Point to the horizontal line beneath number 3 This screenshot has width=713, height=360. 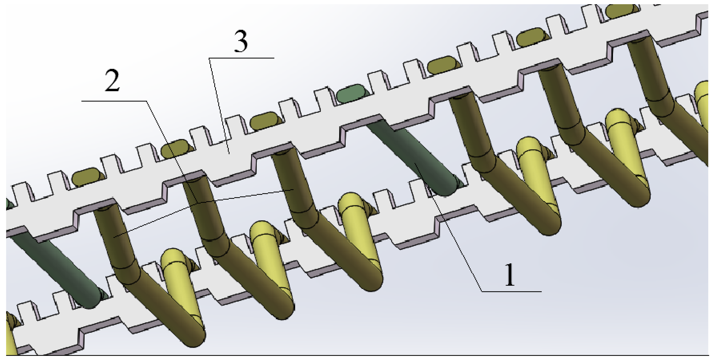(x=241, y=58)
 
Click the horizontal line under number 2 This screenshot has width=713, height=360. (x=113, y=101)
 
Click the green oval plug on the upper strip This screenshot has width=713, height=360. (x=351, y=93)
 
